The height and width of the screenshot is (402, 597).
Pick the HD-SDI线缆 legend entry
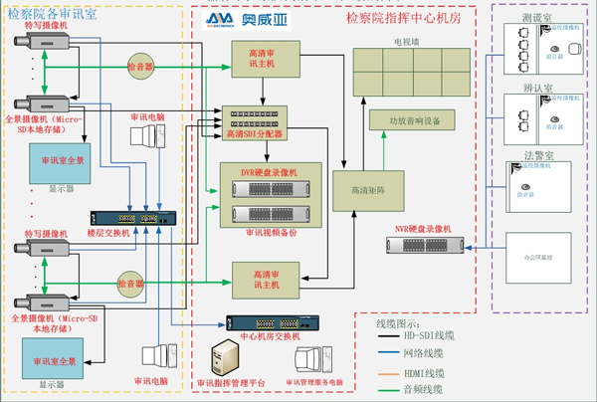(430, 336)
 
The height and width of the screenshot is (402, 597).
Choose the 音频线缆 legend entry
(424, 388)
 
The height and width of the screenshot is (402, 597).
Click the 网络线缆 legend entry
(425, 353)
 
